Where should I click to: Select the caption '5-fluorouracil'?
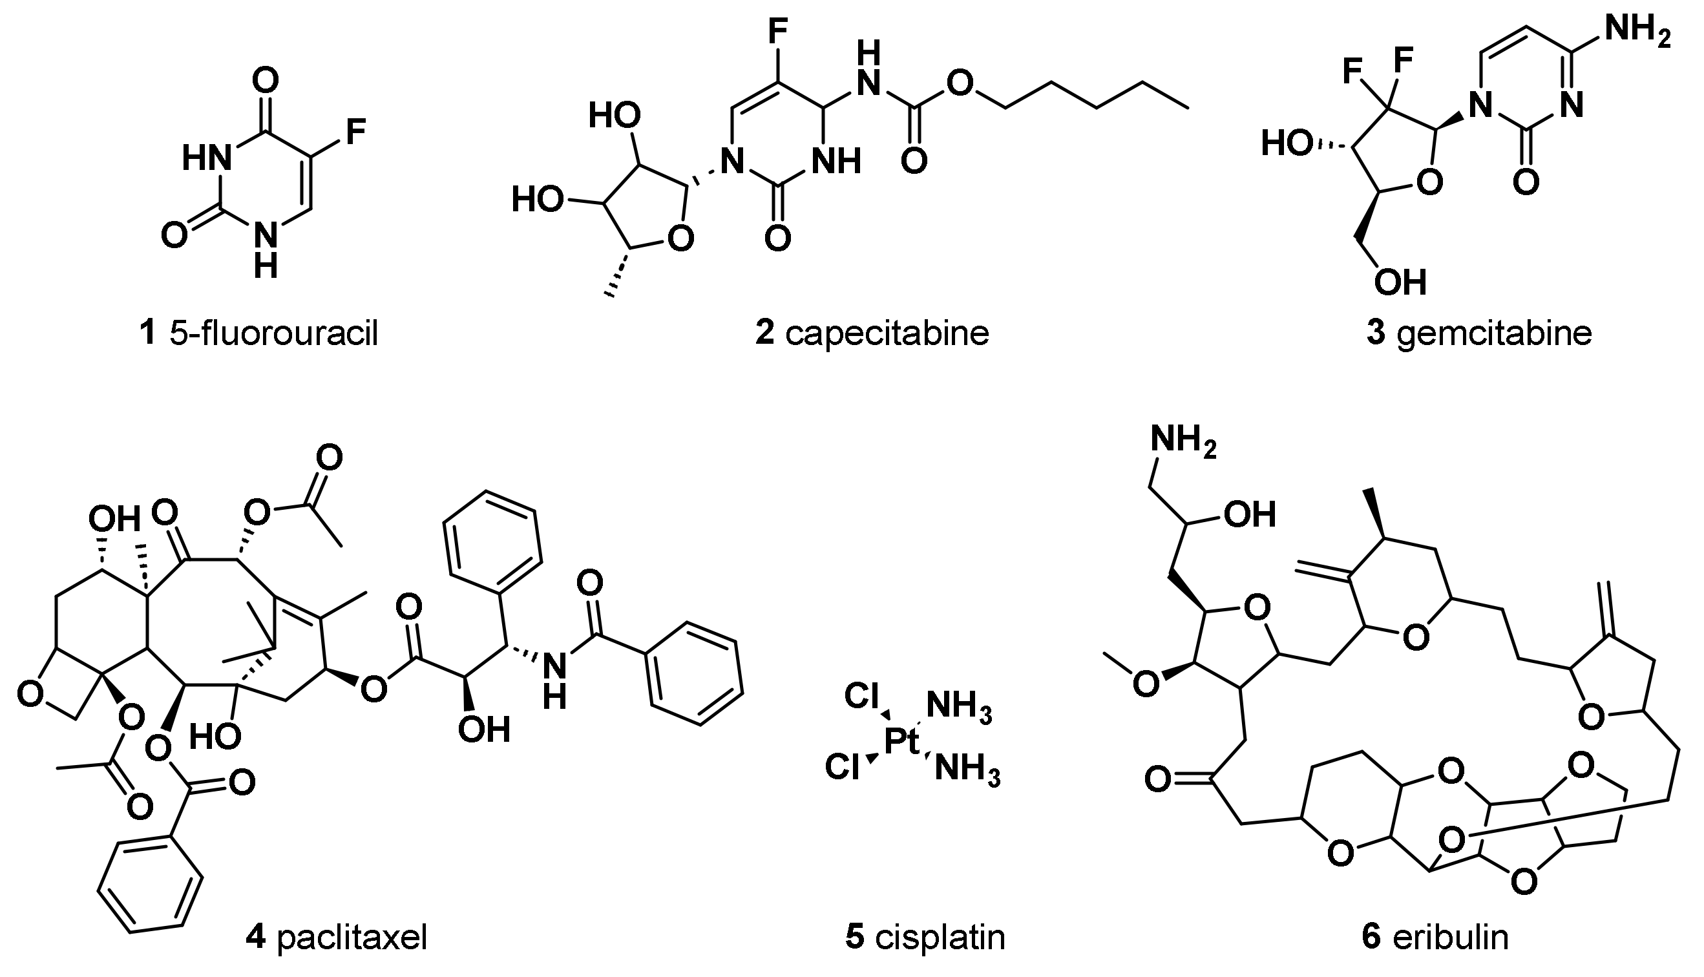[274, 333]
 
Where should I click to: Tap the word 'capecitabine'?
[887, 333]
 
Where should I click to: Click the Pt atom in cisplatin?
[903, 742]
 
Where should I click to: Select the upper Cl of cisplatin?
[862, 697]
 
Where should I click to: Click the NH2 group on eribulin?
[1183, 441]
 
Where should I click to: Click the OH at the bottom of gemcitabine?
[1400, 282]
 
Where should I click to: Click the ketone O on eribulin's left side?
[1159, 780]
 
